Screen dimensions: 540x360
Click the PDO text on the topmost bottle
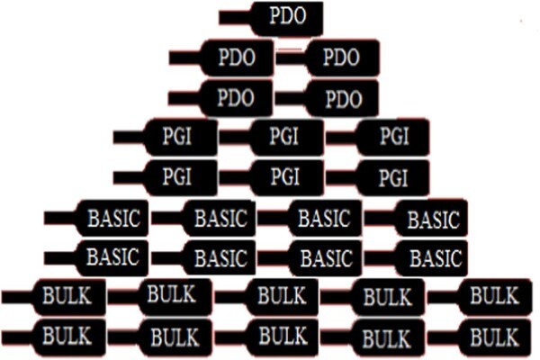pos(288,16)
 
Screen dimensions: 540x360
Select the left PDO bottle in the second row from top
pos(221,58)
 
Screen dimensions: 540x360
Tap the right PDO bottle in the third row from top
pos(327,98)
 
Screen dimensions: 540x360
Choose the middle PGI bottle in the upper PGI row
pos(272,138)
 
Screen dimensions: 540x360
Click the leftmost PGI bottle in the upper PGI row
pos(166,138)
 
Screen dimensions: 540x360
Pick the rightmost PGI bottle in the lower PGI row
pos(377,178)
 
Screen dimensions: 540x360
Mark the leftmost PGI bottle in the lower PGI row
pos(166,178)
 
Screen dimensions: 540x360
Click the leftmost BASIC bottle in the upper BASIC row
pos(96,218)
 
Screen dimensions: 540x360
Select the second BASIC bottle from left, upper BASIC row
pos(203,218)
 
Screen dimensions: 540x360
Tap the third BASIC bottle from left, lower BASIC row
pos(310,258)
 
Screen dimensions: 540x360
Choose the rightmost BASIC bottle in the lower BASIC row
pos(416,258)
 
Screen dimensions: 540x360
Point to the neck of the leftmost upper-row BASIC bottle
pos(60,218)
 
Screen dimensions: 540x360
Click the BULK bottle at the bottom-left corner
pos(54,337)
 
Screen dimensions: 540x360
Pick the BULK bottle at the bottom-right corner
pos(480,337)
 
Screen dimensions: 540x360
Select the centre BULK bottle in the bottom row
pos(266,337)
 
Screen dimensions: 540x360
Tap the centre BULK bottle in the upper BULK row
pos(266,297)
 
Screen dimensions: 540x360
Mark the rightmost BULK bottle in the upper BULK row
pos(480,297)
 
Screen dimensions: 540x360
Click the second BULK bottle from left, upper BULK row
pos(160,297)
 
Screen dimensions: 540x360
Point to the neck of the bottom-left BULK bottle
pos(18,337)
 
